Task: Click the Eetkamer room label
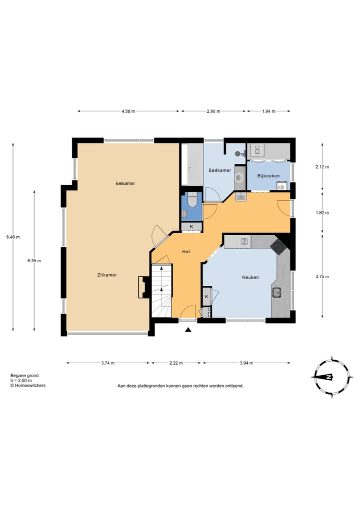pos(125,183)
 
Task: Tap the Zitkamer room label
pos(107,275)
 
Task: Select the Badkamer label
pos(220,170)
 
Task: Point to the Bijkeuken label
pos(268,176)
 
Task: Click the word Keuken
pos(250,277)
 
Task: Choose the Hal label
pos(186,251)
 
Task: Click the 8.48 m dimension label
pos(13,237)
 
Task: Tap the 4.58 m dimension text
pos(128,111)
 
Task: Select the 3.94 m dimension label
pos(246,363)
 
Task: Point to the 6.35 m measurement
pos(34,260)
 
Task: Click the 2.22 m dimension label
pos(176,363)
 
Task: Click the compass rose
pos(332,377)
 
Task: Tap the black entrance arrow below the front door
pos(188,330)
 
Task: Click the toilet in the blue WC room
pos(191,200)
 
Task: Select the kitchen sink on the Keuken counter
pos(277,293)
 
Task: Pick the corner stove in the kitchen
pos(278,247)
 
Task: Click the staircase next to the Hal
pos(161,291)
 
